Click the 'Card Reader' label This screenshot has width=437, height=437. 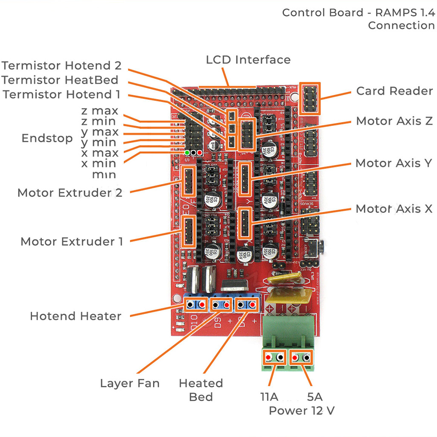pos(394,91)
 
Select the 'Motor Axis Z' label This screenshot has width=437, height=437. pos(394,121)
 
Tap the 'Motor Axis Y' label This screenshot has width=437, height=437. pos(394,163)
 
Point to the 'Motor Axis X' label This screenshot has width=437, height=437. pos(394,209)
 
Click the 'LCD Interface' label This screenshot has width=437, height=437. pos(248,60)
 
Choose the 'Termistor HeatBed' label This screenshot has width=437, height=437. pos(60,80)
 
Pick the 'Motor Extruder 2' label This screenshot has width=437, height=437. pos(70,193)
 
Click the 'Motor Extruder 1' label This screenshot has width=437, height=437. pos(72,242)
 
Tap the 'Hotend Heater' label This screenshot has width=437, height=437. pos(76,316)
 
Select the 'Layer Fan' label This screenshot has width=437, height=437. pos(130,383)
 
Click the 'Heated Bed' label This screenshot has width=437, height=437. pos(201,390)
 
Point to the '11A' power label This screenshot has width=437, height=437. pos(269,397)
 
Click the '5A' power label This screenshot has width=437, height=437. pos(315,397)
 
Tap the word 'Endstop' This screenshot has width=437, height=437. pos(47,138)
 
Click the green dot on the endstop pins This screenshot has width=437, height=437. pos(187,152)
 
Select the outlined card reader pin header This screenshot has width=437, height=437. pos(310,98)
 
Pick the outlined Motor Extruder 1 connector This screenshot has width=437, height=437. pos(189,231)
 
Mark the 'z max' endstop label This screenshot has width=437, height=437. pos(99,111)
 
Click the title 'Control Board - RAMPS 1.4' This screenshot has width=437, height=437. pos(358,12)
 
